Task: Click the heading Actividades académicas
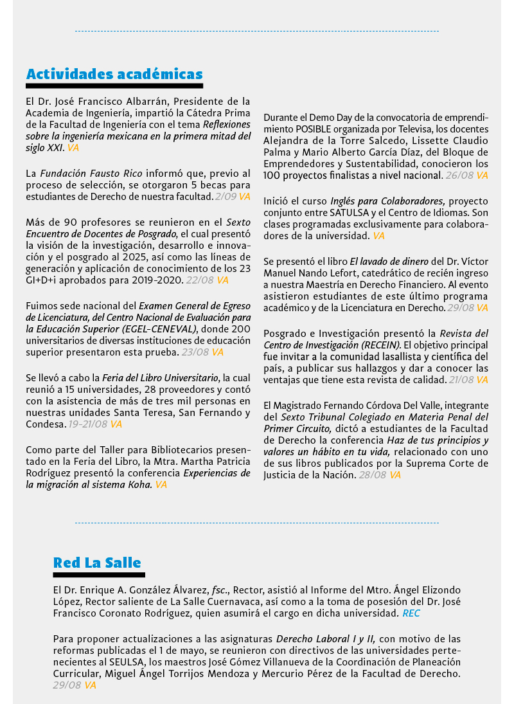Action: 114,74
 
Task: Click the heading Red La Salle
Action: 97,563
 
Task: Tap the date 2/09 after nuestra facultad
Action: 225,196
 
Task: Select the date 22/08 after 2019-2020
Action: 195,280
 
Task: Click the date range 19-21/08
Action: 88,424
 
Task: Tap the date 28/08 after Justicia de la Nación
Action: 370,474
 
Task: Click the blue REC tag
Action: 411,613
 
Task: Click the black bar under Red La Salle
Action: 99,575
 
